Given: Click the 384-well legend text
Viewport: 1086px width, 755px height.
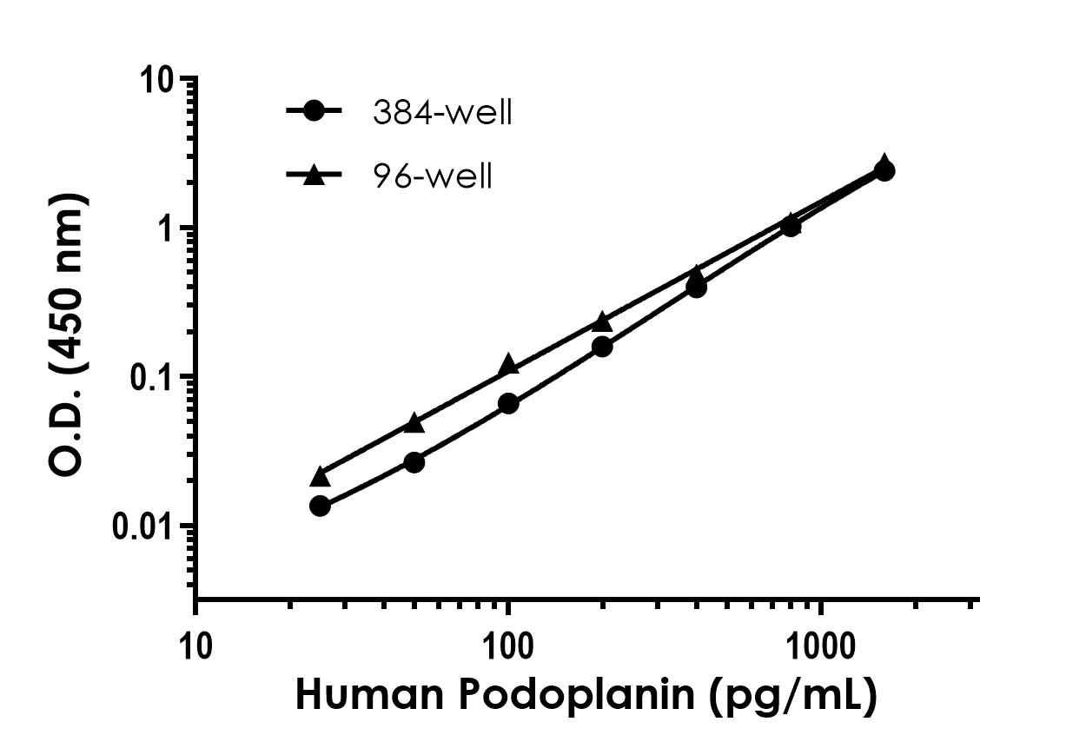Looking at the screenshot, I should click(441, 113).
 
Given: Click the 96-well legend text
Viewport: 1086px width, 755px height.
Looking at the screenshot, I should click(432, 176).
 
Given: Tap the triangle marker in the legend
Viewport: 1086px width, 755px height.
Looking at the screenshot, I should click(315, 176).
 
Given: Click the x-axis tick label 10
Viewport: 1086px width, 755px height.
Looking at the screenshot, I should click(196, 646).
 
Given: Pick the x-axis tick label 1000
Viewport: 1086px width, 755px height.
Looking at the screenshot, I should click(820, 646).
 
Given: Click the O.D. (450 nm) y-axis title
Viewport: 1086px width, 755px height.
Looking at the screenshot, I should click(69, 334).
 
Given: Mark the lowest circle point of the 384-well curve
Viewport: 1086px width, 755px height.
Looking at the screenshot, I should click(320, 506).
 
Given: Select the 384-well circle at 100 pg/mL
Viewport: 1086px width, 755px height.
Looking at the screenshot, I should click(508, 403).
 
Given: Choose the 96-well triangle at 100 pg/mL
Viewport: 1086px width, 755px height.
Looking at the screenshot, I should click(508, 365).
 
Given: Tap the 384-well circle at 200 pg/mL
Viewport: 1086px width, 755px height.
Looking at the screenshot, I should click(602, 346).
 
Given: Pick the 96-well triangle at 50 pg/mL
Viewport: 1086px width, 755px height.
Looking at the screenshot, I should click(414, 423).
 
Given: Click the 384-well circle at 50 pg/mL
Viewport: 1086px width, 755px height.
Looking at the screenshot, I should click(414, 462).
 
